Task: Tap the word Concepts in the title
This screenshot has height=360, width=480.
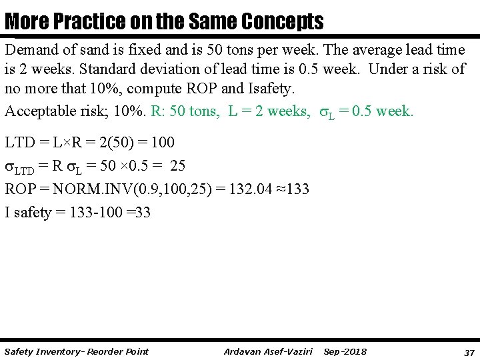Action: tap(283, 22)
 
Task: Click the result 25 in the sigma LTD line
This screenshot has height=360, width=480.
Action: tap(178, 166)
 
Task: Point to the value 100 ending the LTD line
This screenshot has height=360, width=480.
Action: tap(163, 143)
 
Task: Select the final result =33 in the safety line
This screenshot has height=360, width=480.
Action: tap(139, 213)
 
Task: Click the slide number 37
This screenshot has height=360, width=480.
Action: tap(469, 352)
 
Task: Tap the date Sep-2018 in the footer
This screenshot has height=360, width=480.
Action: tap(345, 351)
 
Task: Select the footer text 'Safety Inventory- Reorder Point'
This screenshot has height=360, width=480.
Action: tap(77, 351)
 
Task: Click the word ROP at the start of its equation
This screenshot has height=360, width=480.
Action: tap(21, 189)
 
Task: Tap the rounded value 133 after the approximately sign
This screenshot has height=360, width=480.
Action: tap(297, 189)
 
